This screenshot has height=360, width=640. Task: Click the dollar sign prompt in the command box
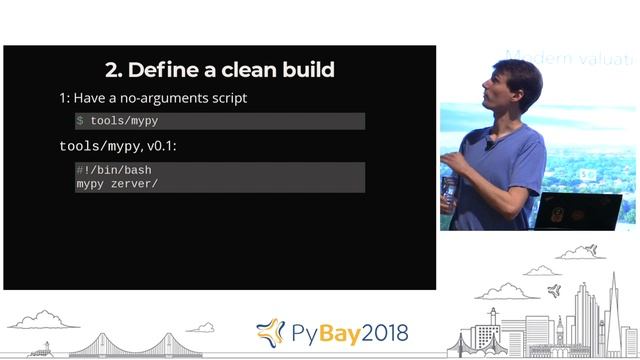coord(80,121)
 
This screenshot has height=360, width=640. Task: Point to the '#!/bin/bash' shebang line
coord(113,171)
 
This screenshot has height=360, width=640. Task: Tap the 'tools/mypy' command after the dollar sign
coord(124,121)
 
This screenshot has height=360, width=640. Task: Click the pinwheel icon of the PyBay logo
coord(270,332)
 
